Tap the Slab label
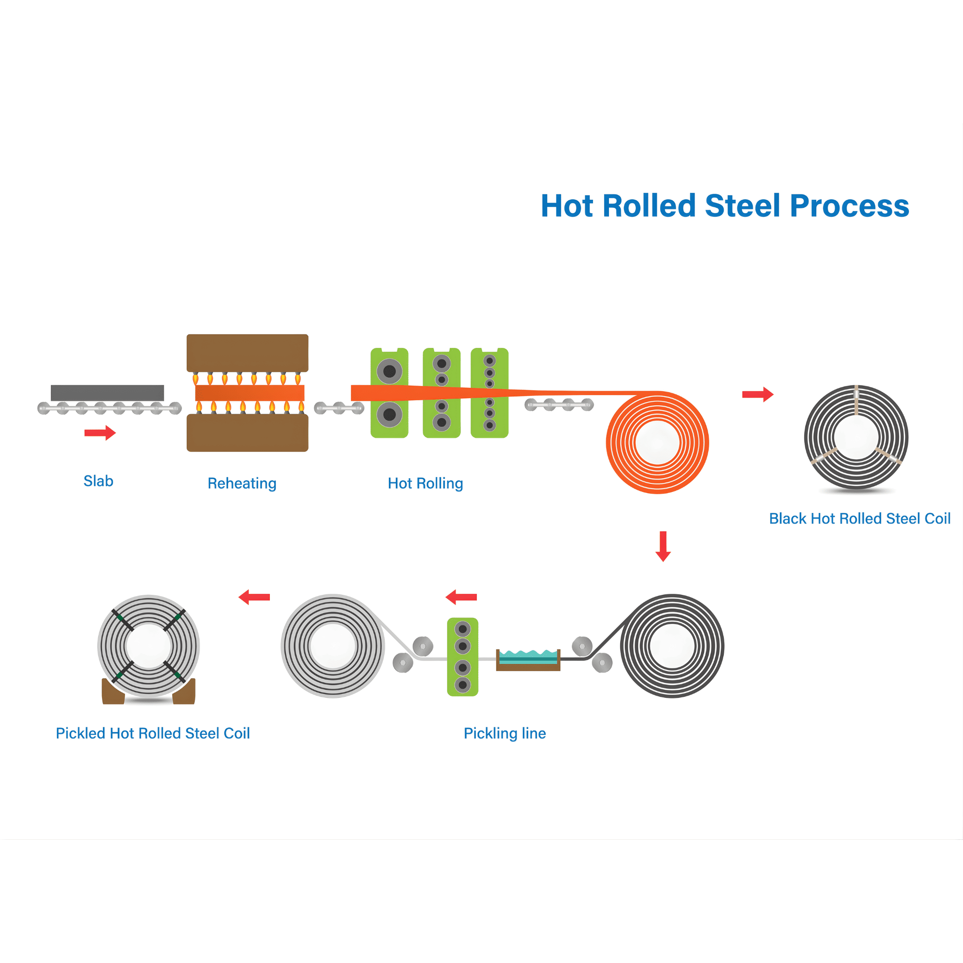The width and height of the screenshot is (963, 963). coord(98,481)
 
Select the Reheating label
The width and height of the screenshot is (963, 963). coord(242,483)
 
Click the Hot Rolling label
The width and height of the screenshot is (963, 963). coord(425,483)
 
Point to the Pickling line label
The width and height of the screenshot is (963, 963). coord(505,733)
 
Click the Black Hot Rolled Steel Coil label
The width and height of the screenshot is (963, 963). coord(860,518)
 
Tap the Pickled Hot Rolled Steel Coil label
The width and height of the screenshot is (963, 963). coord(152,733)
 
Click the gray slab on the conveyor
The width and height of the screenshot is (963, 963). coord(107,393)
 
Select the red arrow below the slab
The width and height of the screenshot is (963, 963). coord(100,433)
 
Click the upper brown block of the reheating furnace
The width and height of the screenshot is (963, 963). coord(247,352)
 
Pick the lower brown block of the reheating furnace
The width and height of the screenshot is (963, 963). coord(247,434)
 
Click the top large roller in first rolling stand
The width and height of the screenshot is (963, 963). coord(389,371)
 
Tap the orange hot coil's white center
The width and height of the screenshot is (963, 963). coord(657,442)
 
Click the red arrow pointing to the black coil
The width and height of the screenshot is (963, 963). coord(757,394)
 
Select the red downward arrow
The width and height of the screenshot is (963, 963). coord(663,546)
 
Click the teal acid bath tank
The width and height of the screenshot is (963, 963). coord(529,657)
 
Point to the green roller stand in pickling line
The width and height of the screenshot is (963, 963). coord(463,656)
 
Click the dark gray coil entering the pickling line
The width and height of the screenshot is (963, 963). coord(672,646)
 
